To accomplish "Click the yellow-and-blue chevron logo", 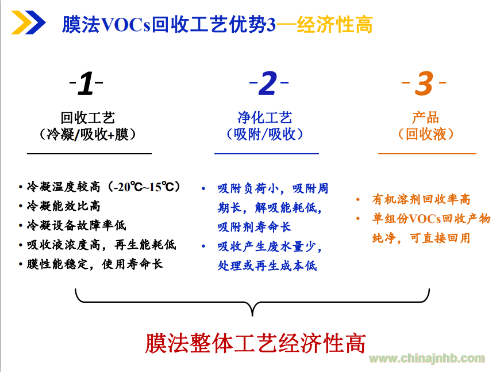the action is click(29, 22).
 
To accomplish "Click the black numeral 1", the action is click(86, 83).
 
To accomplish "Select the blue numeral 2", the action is click(268, 83).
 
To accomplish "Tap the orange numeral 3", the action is click(424, 83).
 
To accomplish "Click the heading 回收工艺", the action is click(87, 117).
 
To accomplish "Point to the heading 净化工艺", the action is click(265, 117).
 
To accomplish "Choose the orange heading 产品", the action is click(425, 117).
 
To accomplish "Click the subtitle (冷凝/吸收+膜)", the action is click(87, 134).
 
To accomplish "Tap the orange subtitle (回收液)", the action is click(426, 134).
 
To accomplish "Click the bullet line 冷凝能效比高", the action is click(64, 206).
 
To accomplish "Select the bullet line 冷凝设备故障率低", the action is click(76, 225).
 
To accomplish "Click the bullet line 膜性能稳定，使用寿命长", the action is click(95, 264).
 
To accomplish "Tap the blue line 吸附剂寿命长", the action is click(255, 227).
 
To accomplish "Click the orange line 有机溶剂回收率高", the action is click(421, 199).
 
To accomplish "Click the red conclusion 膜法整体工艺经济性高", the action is click(255, 343).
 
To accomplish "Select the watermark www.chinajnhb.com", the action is click(427, 358).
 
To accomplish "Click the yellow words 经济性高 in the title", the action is click(335, 24).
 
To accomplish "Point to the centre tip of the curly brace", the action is click(252, 316).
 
